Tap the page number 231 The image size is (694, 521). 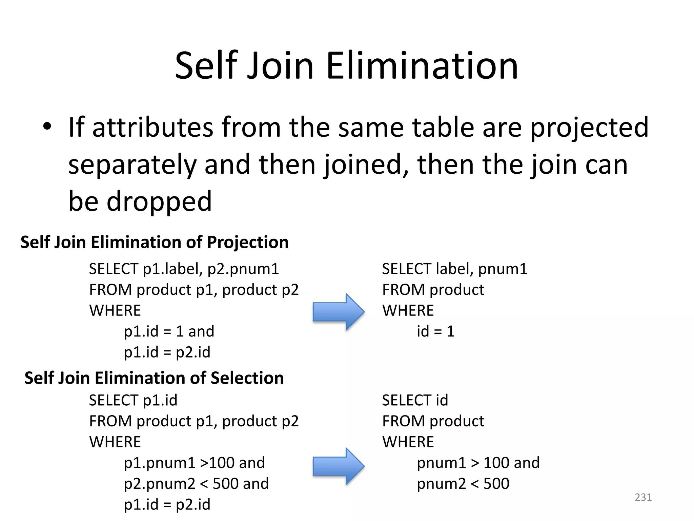[643, 497]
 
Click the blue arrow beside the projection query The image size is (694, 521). [338, 312]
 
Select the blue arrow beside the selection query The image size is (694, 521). [338, 466]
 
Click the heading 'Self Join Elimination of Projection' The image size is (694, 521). [155, 242]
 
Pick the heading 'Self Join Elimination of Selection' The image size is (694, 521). [154, 378]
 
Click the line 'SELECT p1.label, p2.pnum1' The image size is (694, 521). [184, 269]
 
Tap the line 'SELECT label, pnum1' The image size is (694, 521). [454, 269]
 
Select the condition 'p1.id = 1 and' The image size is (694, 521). [169, 331]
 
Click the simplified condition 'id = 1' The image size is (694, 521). [435, 331]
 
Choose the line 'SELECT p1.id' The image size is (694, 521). [133, 400]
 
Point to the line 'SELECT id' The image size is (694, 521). [415, 400]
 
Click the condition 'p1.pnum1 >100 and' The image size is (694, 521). [194, 463]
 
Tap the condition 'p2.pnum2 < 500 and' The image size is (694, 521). [196, 484]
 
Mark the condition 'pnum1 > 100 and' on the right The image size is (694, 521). [478, 463]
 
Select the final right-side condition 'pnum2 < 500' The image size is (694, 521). [463, 484]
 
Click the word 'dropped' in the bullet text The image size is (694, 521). [159, 201]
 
